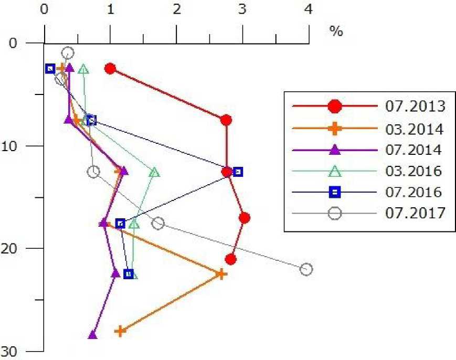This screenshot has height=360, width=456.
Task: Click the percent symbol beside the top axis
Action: [x=336, y=30]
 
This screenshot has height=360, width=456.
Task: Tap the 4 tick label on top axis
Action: [x=307, y=9]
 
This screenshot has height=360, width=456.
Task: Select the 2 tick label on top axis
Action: [x=176, y=9]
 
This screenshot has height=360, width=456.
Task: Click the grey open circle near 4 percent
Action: [x=306, y=269]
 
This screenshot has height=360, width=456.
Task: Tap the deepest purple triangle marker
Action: [x=93, y=334]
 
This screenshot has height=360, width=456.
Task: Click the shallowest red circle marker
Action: [x=110, y=69]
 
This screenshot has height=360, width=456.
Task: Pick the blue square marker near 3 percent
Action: [x=238, y=172]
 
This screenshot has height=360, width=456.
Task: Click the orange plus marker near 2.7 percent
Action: [x=221, y=273]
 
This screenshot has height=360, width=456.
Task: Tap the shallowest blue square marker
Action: [x=50, y=68]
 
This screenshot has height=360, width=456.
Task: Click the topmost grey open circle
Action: [x=68, y=53]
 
